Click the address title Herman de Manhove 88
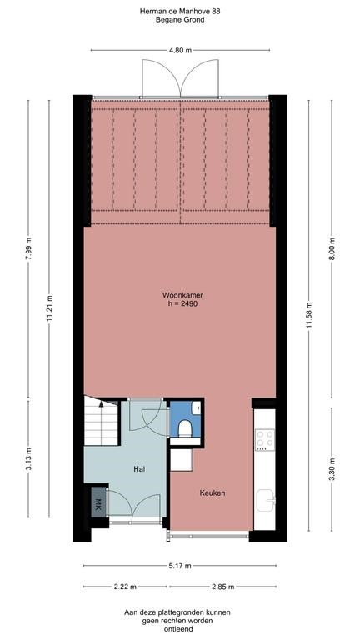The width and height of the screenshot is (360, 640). click(x=180, y=10)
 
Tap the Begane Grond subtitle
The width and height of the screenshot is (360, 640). click(x=180, y=19)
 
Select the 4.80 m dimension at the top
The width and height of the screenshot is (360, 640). click(x=180, y=50)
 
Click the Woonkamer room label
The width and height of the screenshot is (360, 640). click(x=180, y=295)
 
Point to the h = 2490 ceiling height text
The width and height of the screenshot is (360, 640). click(x=180, y=304)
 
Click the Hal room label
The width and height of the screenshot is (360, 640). click(x=140, y=469)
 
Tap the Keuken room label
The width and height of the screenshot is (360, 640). click(x=212, y=492)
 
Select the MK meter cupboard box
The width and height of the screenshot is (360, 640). click(x=97, y=505)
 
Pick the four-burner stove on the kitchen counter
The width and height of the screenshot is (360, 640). click(x=265, y=440)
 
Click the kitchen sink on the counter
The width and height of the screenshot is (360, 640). click(x=266, y=500)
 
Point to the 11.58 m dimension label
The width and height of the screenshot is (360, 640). click(x=309, y=315)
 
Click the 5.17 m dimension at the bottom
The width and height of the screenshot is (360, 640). click(x=180, y=565)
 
